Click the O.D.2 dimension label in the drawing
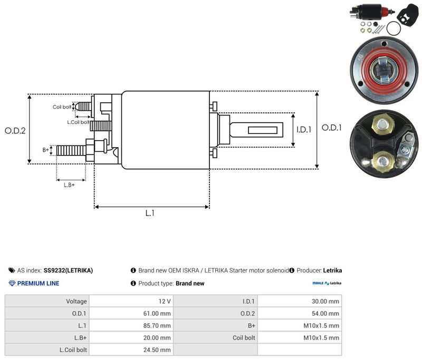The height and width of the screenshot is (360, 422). [15, 131]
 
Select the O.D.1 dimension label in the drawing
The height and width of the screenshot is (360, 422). [332, 128]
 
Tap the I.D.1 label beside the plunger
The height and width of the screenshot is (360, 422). [304, 130]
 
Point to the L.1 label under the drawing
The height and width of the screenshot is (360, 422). [150, 213]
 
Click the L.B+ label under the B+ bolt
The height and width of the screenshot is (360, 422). [69, 185]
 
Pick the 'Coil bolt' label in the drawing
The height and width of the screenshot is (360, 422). [62, 107]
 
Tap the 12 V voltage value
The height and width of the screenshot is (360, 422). [165, 301]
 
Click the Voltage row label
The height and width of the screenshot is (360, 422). [76, 301]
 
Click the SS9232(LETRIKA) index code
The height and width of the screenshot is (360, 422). [68, 270]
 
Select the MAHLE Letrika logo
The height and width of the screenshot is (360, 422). [327, 283]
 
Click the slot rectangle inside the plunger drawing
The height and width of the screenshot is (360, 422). [263, 130]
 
